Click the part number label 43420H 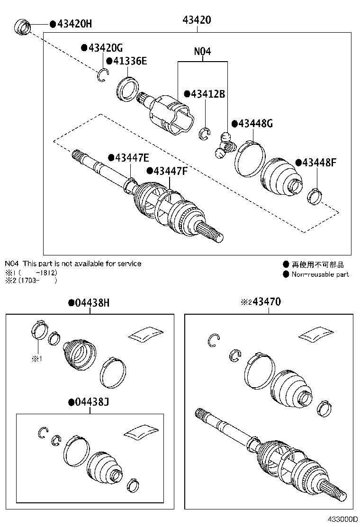pyautogui.click(x=75, y=23)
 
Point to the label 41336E pyautogui.click(x=129, y=61)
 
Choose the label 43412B pyautogui.click(x=207, y=94)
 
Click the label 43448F pyautogui.click(x=319, y=162)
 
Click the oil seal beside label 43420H pyautogui.click(x=22, y=27)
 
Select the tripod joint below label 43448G pyautogui.click(x=224, y=145)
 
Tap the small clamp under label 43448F pyautogui.click(x=315, y=197)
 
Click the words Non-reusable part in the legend pyautogui.click(x=320, y=274)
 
